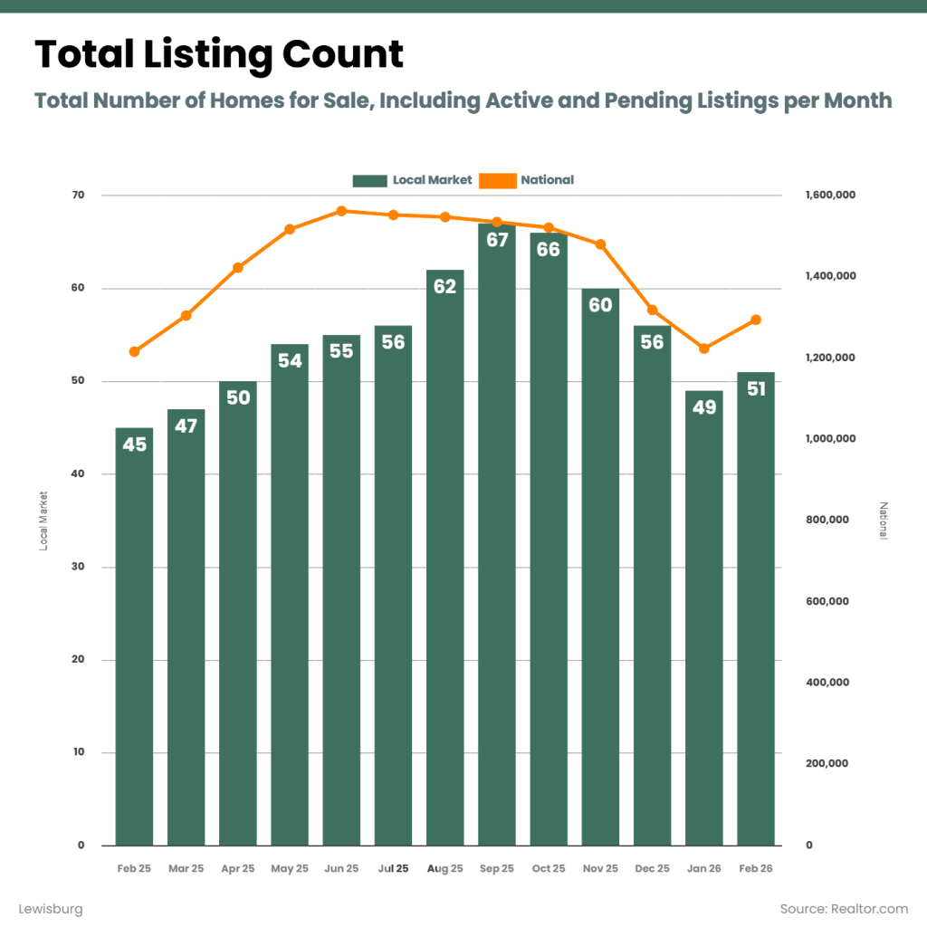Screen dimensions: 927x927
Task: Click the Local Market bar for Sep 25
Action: [496, 543]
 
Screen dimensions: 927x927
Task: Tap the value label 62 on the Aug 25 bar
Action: [444, 287]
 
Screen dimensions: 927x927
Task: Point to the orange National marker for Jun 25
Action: [341, 211]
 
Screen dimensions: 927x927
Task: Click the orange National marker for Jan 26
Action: [704, 349]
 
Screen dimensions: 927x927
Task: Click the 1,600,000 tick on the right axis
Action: [830, 196]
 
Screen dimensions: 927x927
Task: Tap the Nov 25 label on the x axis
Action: [600, 868]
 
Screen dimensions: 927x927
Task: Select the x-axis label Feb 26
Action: [756, 868]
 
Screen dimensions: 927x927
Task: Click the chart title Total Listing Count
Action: [219, 55]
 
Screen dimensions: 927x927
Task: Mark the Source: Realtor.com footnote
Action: [844, 908]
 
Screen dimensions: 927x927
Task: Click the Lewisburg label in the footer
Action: [51, 908]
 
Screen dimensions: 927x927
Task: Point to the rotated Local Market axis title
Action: [43, 521]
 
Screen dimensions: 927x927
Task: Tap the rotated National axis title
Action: [884, 521]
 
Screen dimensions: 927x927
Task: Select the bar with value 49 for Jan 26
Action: [704, 634]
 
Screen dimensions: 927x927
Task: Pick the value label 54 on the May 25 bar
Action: [290, 361]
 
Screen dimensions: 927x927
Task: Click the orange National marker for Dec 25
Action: [653, 311]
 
